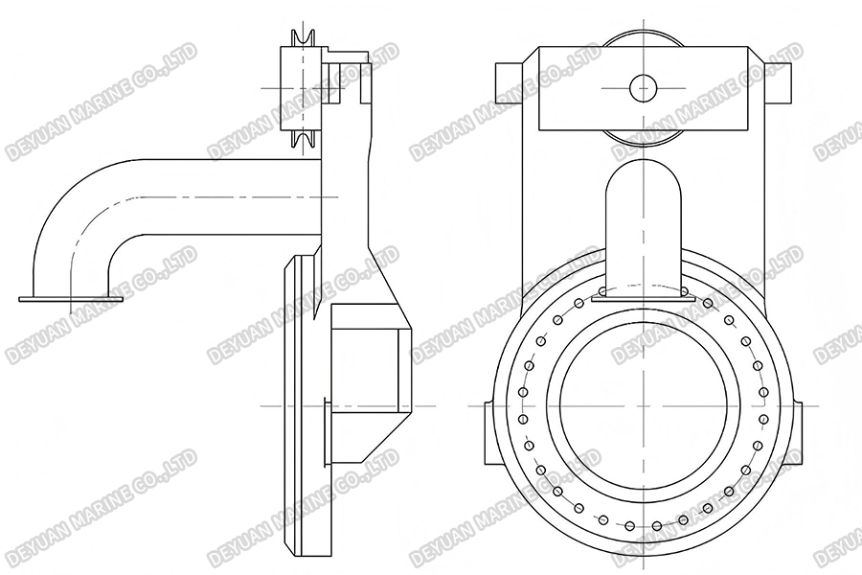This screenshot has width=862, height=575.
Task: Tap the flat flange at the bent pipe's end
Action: click(x=72, y=299)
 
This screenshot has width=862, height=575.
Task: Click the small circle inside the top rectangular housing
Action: click(x=644, y=88)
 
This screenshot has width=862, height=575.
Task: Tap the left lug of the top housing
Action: click(x=508, y=80)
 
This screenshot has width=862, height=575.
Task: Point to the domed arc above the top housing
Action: click(x=644, y=38)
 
